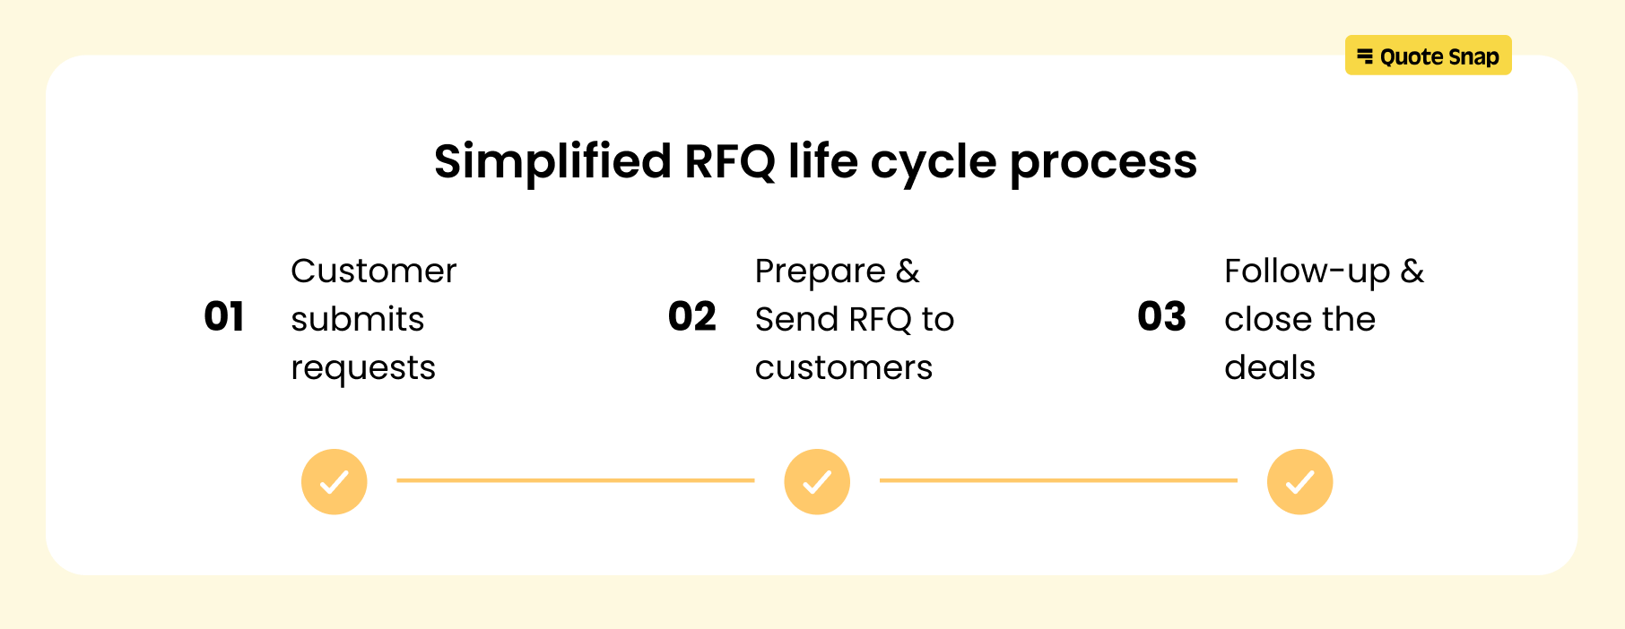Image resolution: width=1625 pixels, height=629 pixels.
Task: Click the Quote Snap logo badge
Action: pos(1428,57)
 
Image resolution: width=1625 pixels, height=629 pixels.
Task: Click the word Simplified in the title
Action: pos(552,162)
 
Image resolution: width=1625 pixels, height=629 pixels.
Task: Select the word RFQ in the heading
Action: pos(729,162)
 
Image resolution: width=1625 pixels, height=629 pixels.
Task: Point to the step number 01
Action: pos(224,317)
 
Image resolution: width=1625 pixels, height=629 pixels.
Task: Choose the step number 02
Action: pos(692,317)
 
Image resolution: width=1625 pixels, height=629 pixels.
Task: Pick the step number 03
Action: pos(1161,317)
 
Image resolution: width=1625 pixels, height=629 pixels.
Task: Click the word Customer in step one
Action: pos(374,271)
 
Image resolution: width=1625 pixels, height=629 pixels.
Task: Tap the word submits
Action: pos(357,319)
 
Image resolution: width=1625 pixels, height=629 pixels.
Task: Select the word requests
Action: pos(363,368)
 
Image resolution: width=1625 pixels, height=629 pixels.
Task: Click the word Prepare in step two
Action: pos(821,271)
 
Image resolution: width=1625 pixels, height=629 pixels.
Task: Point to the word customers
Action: pos(844,367)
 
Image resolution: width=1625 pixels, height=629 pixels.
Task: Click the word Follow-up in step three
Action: pos(1307,271)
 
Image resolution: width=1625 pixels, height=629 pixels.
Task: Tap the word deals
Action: pos(1270,367)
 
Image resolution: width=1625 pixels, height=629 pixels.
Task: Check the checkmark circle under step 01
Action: pos(335,482)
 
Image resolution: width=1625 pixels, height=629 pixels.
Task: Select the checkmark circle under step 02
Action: pos(817,482)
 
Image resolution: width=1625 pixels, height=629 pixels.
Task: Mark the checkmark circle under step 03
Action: pos(1299,482)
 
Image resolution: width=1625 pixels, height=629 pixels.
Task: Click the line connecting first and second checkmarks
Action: pos(576,480)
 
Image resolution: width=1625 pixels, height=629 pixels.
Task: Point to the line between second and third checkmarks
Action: pos(1058,480)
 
